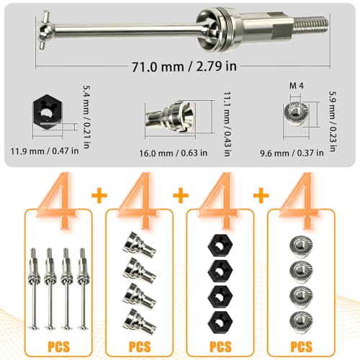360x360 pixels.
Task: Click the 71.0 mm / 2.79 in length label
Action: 184,66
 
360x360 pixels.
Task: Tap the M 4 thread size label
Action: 297,86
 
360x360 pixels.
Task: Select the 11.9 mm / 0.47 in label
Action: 45,151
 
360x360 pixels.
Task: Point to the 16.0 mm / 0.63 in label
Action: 174,153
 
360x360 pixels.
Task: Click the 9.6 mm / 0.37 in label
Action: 292,153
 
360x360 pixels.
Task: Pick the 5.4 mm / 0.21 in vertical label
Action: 86,117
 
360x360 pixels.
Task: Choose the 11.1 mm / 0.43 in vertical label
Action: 227,124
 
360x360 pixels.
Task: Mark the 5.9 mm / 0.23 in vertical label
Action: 333,121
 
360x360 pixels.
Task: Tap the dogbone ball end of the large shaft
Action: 45,30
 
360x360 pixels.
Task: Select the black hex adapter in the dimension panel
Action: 48,112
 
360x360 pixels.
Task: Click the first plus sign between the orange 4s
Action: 99,194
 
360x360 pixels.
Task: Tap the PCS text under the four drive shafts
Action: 58,346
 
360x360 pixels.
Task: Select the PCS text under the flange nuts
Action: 302,346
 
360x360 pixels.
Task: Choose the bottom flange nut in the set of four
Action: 301,321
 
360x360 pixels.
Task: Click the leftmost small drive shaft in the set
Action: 34,289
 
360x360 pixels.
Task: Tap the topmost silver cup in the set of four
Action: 139,245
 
